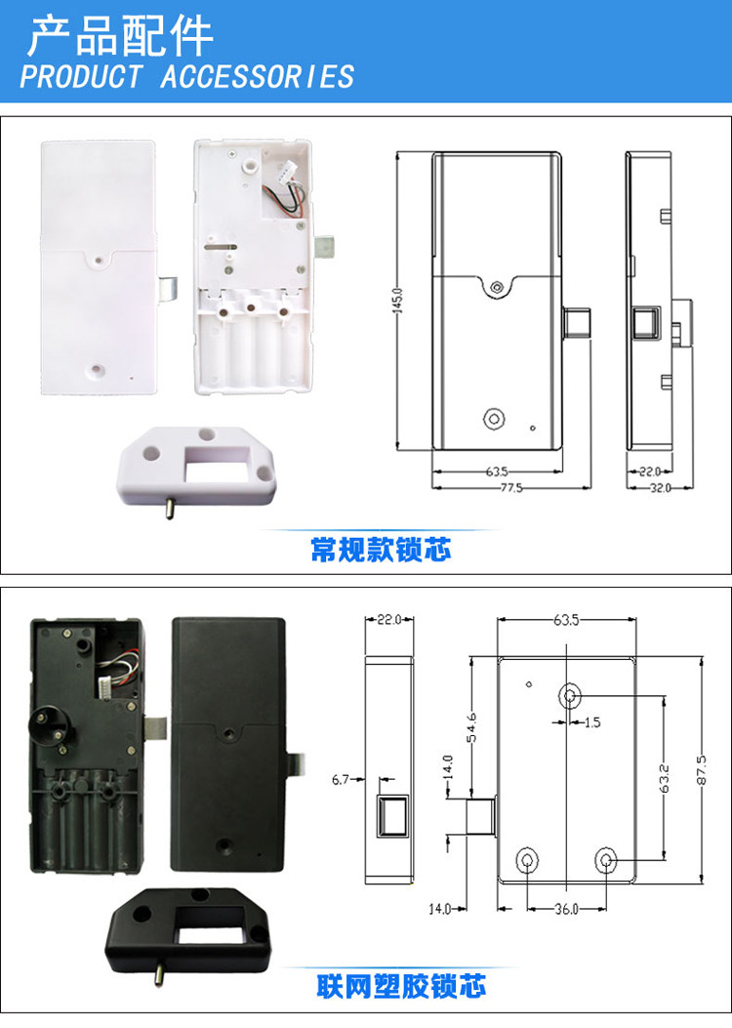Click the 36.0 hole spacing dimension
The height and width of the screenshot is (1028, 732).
click(x=566, y=909)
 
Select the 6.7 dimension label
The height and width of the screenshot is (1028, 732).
click(x=341, y=779)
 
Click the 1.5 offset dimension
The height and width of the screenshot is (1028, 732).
click(x=591, y=723)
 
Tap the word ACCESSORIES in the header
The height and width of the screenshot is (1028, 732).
click(x=257, y=76)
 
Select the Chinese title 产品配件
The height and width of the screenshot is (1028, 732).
click(x=119, y=36)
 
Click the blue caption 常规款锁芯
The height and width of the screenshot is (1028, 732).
click(x=381, y=550)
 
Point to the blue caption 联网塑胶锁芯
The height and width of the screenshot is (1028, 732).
click(x=401, y=986)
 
